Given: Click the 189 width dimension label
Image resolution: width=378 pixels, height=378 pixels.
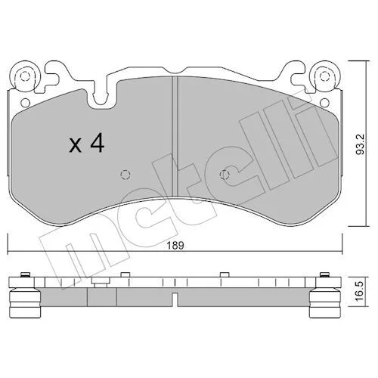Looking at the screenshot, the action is click(x=175, y=245).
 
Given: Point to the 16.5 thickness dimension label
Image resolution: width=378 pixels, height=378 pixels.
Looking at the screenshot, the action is click(x=360, y=291).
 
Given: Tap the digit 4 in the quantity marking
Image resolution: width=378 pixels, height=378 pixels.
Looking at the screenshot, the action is click(x=98, y=143).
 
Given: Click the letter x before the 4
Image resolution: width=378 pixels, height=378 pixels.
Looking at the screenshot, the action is click(x=76, y=146).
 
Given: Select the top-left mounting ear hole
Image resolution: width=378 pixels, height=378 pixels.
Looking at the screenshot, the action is click(x=25, y=76).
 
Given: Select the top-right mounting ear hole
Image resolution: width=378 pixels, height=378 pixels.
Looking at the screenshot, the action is click(x=324, y=76).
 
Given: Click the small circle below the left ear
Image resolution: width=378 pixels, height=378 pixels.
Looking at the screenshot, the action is click(x=25, y=103).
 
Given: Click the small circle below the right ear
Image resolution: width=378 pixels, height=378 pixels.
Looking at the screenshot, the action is click(x=324, y=103).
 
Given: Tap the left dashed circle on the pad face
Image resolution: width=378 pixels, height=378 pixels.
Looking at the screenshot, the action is click(x=125, y=175).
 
